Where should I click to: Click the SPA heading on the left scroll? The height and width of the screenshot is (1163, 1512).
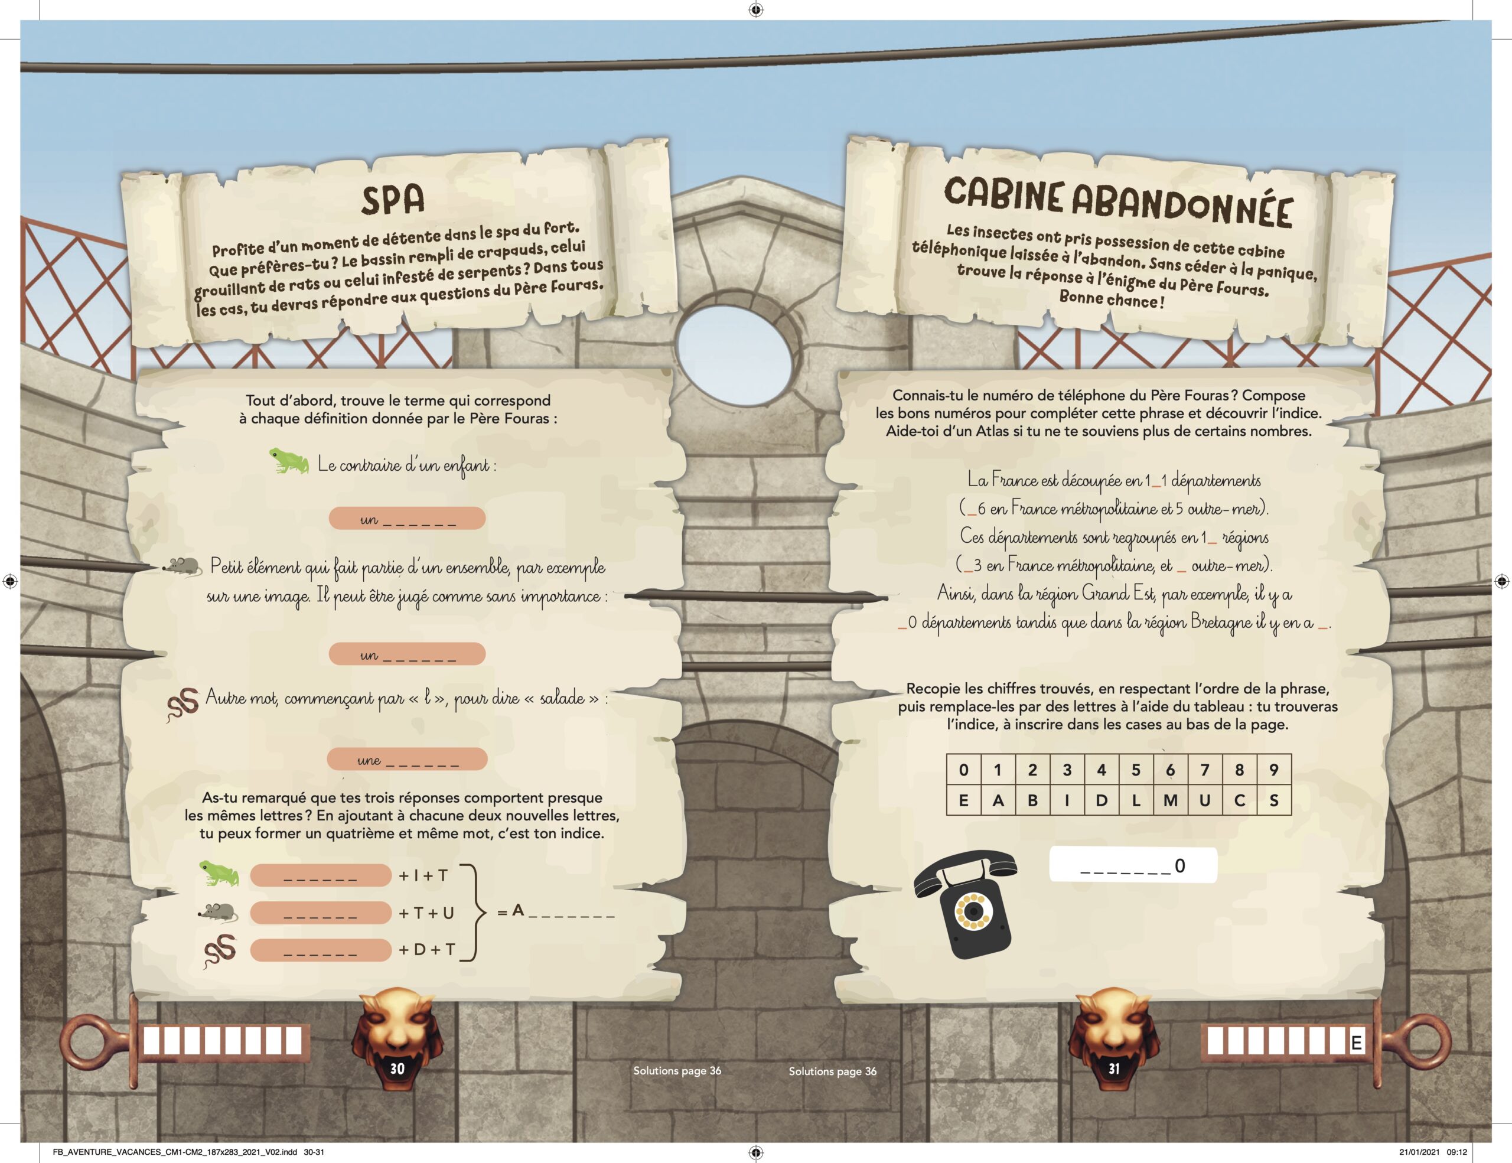click(393, 200)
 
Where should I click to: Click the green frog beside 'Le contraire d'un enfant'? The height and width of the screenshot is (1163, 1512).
click(289, 461)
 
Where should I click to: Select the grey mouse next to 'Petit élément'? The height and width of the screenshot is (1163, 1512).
click(182, 566)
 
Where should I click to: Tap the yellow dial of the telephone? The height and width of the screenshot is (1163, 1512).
click(974, 912)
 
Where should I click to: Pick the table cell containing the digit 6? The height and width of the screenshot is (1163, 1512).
click(1170, 770)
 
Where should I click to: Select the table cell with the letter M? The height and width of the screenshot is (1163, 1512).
click(1170, 800)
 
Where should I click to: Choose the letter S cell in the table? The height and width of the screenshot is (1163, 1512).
click(1274, 800)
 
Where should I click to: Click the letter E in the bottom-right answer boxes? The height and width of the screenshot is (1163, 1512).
click(1356, 1043)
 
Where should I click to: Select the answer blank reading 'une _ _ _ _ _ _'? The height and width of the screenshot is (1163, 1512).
click(407, 760)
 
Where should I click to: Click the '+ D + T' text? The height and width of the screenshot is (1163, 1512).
click(426, 950)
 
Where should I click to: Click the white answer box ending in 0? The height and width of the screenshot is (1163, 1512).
click(1133, 865)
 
